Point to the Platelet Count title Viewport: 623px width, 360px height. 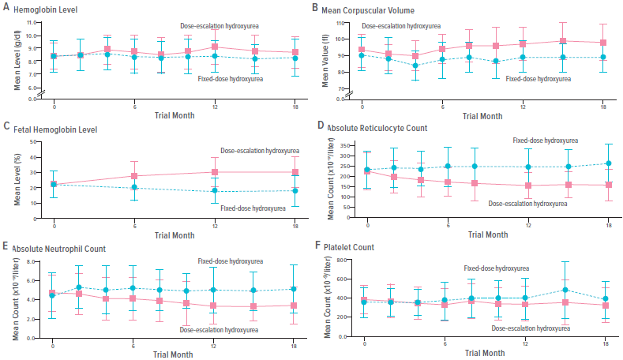pos(355,247)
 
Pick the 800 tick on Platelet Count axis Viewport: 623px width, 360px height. pos(341,260)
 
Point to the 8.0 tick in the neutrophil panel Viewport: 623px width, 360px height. pos(30,261)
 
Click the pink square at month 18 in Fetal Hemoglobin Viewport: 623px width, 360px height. pos(295,172)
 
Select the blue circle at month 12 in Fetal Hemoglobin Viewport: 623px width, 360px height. pos(215,190)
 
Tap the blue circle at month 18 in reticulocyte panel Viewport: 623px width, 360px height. pos(608,163)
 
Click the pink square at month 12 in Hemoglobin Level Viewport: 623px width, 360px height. pos(215,47)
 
